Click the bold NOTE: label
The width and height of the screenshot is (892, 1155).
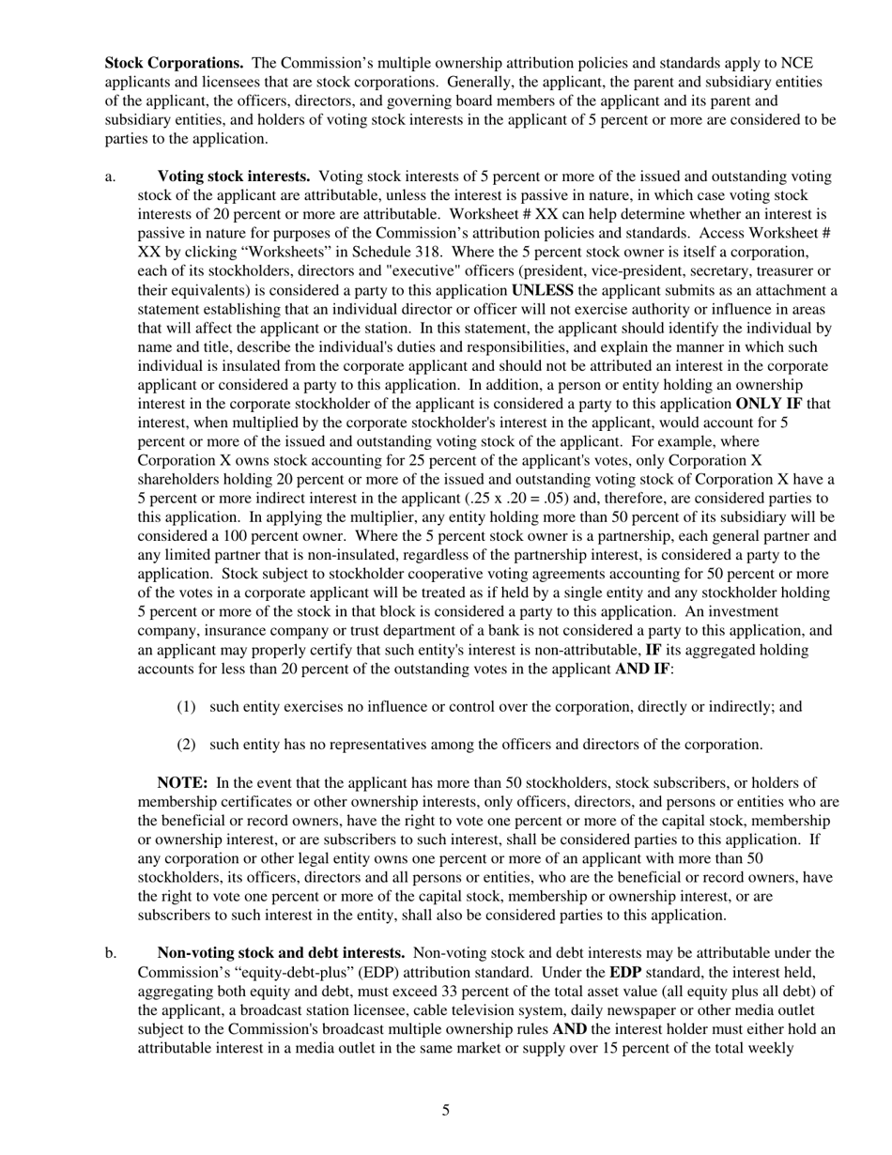click(181, 782)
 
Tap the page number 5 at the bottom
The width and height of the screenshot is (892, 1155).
click(446, 1111)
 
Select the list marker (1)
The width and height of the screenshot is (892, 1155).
click(187, 706)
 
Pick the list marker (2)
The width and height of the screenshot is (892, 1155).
click(187, 745)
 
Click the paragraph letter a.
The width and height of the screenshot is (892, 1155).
click(110, 176)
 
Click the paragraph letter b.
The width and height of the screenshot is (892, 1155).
click(110, 953)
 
